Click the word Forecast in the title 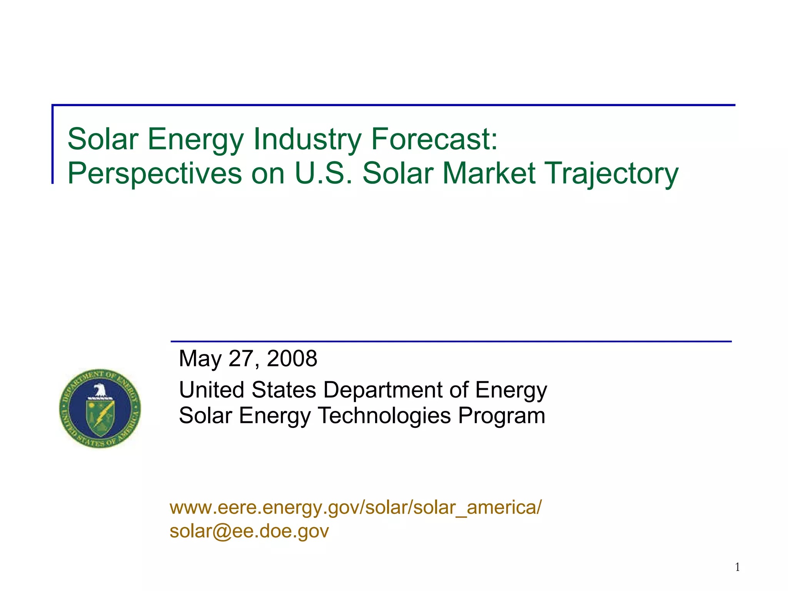[434, 139]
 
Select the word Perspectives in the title [154, 174]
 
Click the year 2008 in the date [292, 359]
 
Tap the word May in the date [200, 359]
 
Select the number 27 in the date [241, 359]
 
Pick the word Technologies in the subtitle [384, 416]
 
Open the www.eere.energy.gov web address [356, 507]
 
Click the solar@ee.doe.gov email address [249, 531]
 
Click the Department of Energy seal [100, 409]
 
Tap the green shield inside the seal [100, 418]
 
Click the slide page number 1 [737, 567]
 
